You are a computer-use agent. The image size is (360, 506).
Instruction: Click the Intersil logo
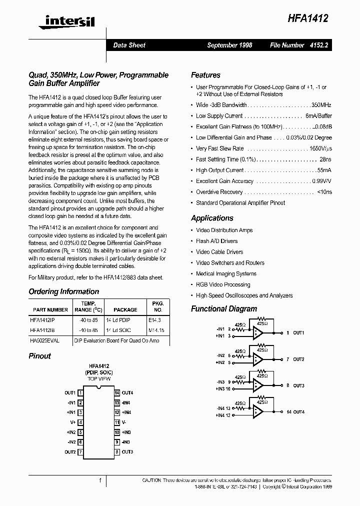62,20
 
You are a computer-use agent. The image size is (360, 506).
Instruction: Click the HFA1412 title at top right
307,18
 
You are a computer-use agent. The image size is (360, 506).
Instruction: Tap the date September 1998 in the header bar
229,45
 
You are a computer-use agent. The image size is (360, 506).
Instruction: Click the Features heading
205,75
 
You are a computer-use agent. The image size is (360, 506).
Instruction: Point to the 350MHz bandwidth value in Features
321,105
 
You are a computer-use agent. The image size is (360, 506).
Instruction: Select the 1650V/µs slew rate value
320,148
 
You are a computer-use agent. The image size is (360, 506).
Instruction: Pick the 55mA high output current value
324,170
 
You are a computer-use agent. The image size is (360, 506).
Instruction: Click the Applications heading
212,218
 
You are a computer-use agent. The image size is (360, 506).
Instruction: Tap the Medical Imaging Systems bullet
226,273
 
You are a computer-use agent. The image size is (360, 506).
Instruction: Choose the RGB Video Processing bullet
223,284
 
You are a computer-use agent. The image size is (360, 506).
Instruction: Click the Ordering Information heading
63,291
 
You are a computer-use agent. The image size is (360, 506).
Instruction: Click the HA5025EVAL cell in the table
44,340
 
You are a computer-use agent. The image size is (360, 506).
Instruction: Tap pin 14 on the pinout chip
117,392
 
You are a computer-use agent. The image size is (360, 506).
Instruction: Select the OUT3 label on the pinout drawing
127,452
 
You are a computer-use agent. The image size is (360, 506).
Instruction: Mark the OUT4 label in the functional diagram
298,412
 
